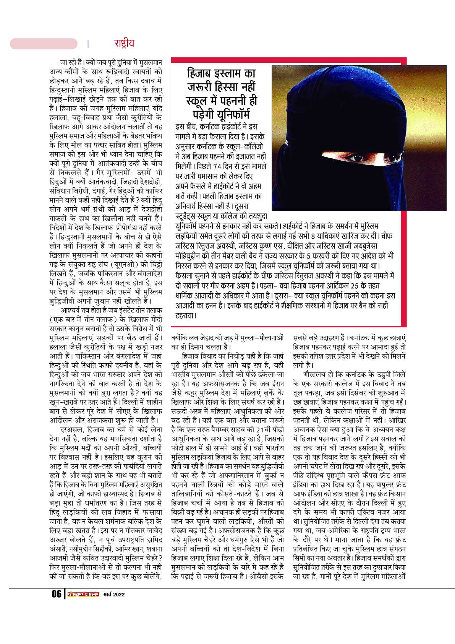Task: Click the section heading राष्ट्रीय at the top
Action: pyautogui.click(x=124, y=43)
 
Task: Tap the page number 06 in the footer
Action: pyautogui.click(x=57, y=594)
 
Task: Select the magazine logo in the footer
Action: pyautogui.click(x=83, y=594)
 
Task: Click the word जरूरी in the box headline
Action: pyautogui.click(x=201, y=87)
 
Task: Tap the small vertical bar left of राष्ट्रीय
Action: pyautogui.click(x=88, y=44)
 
